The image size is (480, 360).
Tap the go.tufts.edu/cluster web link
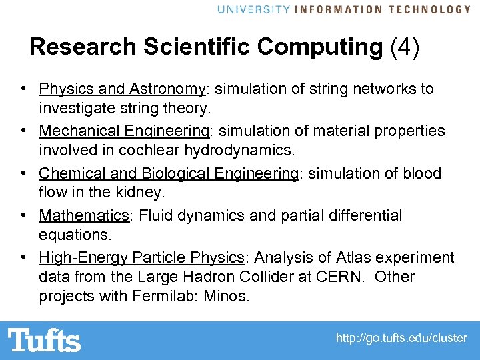[x=401, y=339]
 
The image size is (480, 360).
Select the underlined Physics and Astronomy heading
[x=122, y=89]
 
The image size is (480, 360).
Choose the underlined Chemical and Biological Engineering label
[x=168, y=173]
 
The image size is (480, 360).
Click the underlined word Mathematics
[x=83, y=215]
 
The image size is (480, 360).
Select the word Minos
[x=229, y=296]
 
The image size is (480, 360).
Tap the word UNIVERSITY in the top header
[x=254, y=9]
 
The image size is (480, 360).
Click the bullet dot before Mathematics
[x=23, y=215]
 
